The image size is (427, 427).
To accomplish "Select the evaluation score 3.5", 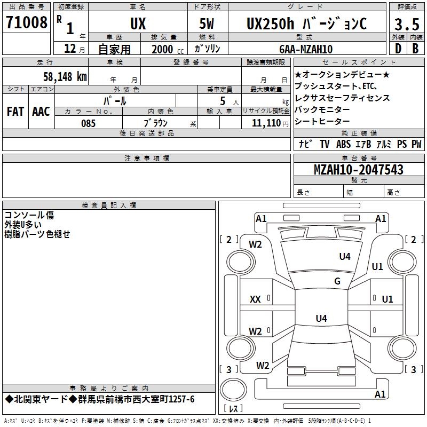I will pos(406,24).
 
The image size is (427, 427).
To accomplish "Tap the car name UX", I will pos(137,23).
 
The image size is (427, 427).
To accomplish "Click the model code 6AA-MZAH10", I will pos(306,49).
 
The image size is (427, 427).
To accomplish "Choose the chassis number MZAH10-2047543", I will pos(358,170).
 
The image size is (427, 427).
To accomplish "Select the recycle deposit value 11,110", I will pos(265,123).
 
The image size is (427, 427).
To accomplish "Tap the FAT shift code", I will pos(15,112).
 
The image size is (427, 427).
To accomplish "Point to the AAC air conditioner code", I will pos(41,112).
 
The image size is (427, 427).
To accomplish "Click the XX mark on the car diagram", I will pos(255,299).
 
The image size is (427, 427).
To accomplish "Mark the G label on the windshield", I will pos(337,281).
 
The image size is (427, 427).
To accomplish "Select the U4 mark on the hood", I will pos(345,257).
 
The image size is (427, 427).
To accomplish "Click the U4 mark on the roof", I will pos(321,319).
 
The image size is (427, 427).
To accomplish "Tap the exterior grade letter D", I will pos(398,49).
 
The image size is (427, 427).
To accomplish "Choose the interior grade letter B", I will pos(415,49).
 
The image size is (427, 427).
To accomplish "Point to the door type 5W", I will pos(208,24).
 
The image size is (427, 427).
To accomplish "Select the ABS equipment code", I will pos(344,144).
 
